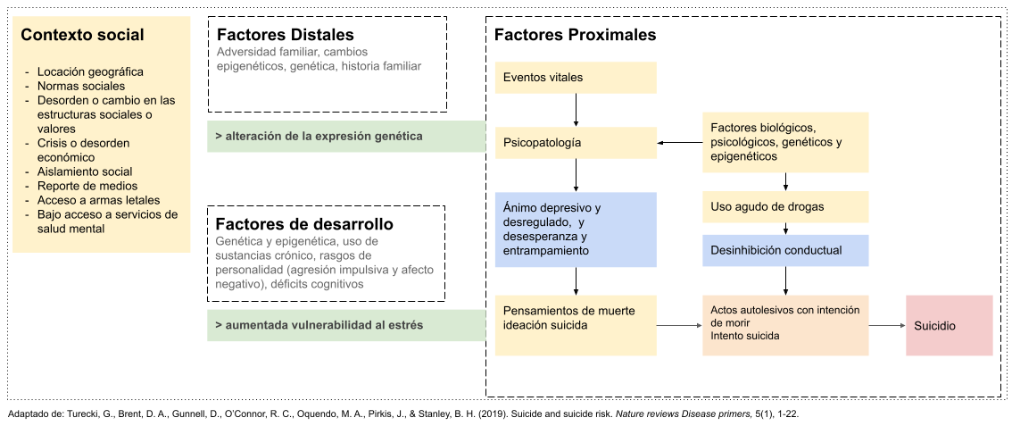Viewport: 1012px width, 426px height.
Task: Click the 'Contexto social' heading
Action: click(x=82, y=36)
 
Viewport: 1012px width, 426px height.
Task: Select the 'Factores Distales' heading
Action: click(x=286, y=35)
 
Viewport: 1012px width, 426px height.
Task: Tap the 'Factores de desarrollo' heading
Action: click(x=304, y=223)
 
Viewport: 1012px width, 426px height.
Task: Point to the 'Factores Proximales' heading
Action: click(x=575, y=35)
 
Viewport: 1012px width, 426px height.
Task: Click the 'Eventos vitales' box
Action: click(x=576, y=78)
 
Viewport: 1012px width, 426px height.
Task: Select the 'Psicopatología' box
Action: click(x=576, y=142)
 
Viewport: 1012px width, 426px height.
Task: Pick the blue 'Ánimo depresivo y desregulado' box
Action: click(x=576, y=230)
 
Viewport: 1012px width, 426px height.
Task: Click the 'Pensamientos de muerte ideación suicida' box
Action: click(x=576, y=318)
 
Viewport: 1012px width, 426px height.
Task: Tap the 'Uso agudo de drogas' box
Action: click(x=785, y=207)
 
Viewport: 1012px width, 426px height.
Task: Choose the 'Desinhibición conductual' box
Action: click(x=785, y=250)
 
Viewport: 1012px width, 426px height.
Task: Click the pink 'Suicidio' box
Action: click(x=950, y=326)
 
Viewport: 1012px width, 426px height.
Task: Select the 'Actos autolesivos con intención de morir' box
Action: click(x=785, y=323)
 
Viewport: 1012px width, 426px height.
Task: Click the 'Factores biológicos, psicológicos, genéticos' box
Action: click(x=785, y=142)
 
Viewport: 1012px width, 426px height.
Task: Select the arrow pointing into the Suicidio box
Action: click(x=887, y=326)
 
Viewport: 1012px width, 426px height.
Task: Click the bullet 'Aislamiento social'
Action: click(x=85, y=171)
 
